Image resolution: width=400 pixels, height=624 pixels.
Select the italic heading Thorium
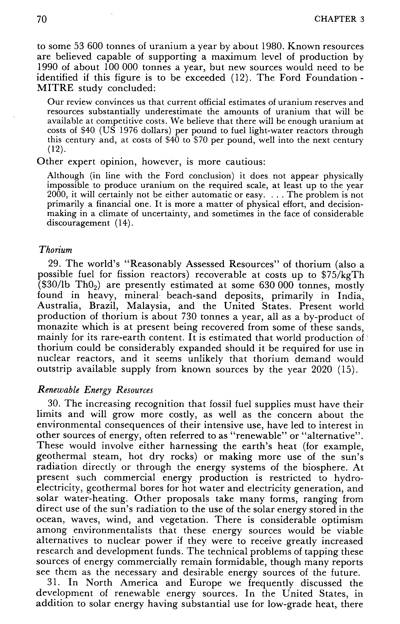click(x=55, y=250)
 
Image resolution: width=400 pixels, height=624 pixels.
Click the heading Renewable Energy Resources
click(x=95, y=390)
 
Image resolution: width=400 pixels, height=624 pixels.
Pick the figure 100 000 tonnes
click(x=137, y=67)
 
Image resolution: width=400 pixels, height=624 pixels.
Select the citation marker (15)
click(x=351, y=369)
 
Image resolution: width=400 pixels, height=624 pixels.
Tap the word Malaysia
click(x=148, y=306)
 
